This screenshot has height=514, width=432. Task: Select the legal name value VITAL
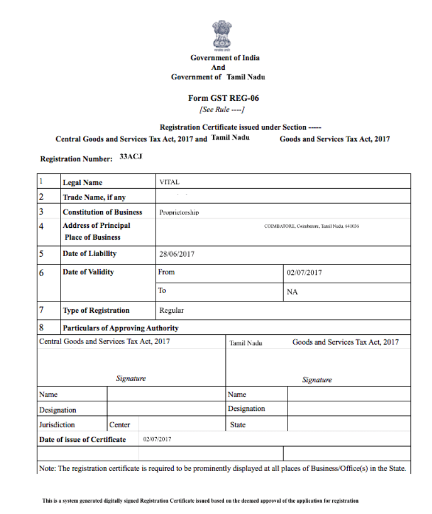169,182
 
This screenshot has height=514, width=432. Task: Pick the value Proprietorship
179,213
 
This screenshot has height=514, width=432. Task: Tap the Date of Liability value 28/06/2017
177,254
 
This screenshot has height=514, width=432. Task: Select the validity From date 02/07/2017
304,273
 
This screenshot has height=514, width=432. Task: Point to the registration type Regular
172,311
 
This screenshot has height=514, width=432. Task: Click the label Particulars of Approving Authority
120,328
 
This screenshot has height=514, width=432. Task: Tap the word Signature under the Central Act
131,378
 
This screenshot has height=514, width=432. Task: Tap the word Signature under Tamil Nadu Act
316,380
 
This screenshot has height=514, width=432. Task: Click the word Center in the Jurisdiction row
119,424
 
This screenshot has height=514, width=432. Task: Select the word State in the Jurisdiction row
238,424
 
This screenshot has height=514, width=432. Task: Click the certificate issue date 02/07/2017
157,439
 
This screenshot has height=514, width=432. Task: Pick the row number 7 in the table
41,310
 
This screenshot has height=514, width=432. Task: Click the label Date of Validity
88,272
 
